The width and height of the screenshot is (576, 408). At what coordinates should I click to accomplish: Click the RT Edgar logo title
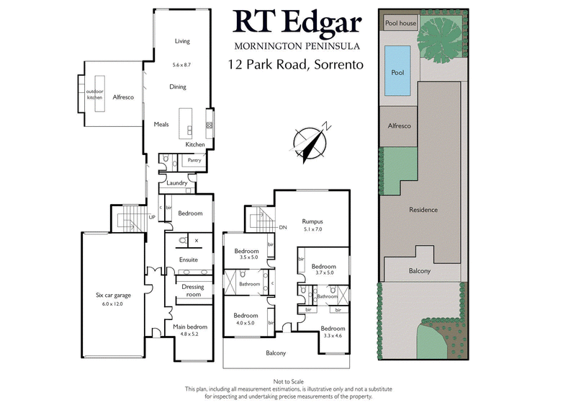[297, 23]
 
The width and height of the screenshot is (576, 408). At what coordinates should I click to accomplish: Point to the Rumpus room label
[312, 221]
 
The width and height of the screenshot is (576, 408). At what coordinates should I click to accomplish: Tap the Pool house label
[401, 23]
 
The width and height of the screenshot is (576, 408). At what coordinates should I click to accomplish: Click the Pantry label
[194, 160]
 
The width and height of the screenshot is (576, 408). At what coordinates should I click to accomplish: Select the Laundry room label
[177, 183]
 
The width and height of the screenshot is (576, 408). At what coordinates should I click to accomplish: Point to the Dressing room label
[192, 291]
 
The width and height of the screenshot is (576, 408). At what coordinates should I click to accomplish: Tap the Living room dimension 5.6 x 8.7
[181, 65]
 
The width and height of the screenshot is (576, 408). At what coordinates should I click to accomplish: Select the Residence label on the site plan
[423, 210]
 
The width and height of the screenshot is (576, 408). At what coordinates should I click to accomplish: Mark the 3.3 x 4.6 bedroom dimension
[333, 335]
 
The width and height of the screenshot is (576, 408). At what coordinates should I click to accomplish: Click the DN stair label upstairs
[283, 227]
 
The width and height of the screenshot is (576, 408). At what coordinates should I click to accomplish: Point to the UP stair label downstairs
[152, 216]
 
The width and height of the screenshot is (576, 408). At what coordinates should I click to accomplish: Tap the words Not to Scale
[287, 381]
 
